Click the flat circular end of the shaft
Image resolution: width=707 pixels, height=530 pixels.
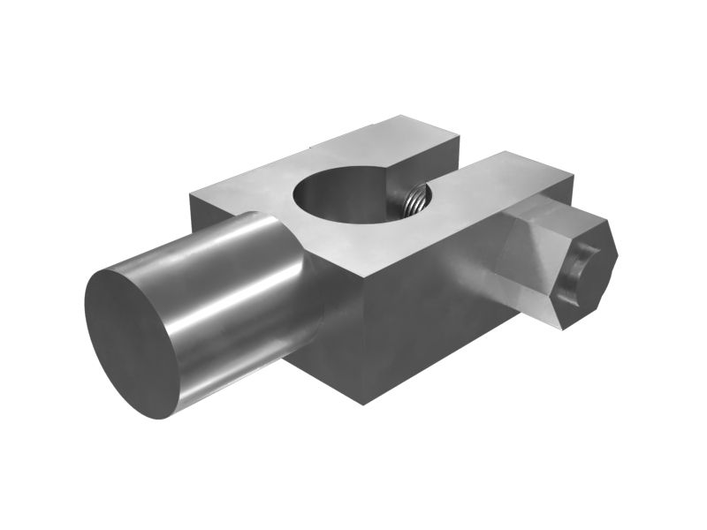(133, 340)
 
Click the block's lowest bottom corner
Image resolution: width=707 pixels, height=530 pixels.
(363, 403)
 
